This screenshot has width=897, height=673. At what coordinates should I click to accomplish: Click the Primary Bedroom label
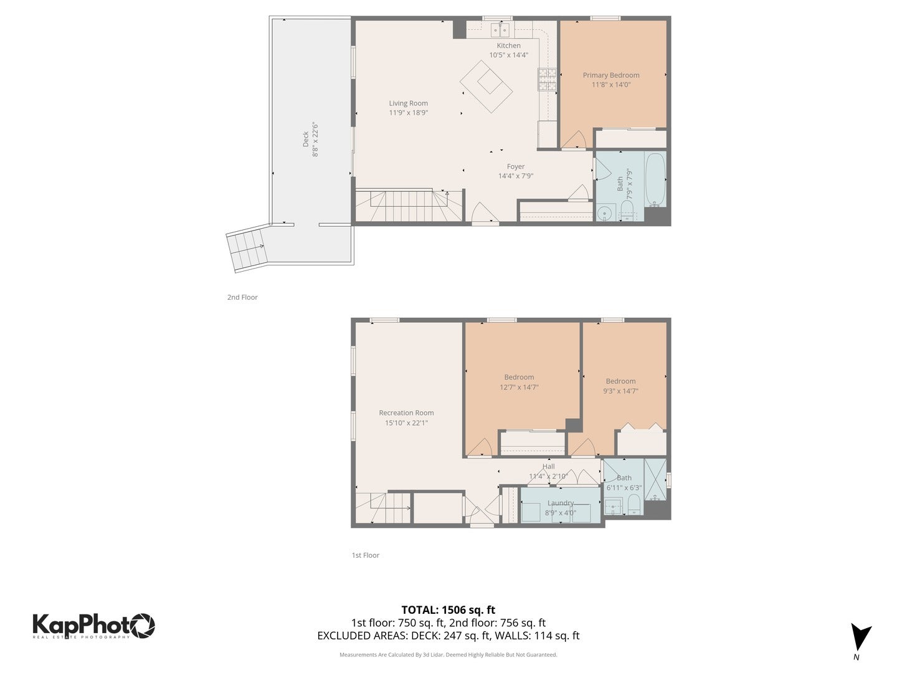point(610,75)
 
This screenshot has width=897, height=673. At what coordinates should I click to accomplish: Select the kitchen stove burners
point(547,80)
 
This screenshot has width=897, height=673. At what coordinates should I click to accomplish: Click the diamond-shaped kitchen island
point(486,86)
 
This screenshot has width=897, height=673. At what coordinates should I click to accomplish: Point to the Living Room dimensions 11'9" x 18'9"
point(408,113)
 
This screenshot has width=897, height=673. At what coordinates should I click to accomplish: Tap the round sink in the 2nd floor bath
point(604,214)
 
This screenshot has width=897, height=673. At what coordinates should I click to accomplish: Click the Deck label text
point(306,138)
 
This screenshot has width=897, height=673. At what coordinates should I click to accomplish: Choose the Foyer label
point(515,166)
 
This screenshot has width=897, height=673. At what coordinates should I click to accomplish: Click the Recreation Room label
point(406,413)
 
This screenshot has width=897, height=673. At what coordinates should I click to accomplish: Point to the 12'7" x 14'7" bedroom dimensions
point(519,387)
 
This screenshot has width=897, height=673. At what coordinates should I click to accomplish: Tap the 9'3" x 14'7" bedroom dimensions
point(620,391)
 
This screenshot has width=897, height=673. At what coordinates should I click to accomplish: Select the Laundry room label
point(560,503)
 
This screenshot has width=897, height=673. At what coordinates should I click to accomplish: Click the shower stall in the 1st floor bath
point(655,479)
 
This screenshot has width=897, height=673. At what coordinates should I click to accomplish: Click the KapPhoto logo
point(93,625)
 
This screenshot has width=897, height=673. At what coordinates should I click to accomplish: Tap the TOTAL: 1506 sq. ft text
point(448,610)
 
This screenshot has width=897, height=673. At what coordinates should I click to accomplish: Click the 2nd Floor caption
point(242,297)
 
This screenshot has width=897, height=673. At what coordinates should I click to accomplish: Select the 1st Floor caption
point(365,555)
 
